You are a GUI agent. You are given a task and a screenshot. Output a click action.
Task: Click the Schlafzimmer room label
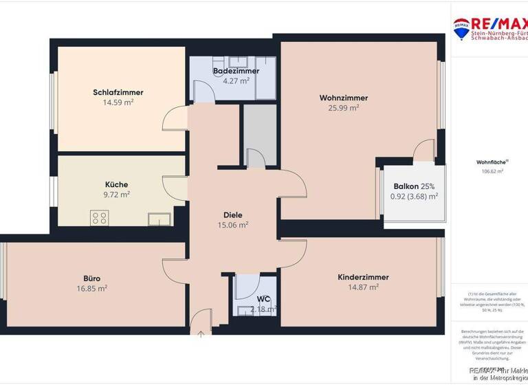click(x=118, y=92)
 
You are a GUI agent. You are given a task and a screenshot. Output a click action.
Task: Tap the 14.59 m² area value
click(x=118, y=103)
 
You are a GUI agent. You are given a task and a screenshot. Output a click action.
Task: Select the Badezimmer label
click(x=236, y=71)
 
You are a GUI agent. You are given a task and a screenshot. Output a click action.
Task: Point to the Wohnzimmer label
click(x=344, y=98)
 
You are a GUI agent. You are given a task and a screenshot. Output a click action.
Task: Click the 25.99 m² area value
click(x=344, y=108)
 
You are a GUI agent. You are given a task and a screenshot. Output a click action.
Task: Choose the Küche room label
click(x=116, y=184)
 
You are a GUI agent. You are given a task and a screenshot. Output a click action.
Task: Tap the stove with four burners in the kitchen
click(x=99, y=219)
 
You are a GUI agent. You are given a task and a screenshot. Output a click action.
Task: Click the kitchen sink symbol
click(x=159, y=219)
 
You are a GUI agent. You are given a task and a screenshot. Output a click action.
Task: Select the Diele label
click(x=233, y=214)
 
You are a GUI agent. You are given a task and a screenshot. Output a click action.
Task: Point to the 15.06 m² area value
click(x=233, y=225)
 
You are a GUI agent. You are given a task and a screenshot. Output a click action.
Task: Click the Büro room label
click(x=92, y=278)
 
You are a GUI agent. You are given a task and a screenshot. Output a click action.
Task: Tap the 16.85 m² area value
click(x=92, y=289)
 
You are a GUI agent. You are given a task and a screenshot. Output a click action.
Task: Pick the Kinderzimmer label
click(x=363, y=277)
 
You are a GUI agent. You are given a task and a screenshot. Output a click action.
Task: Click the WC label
click(x=263, y=299)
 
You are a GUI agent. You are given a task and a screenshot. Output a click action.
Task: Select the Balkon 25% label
click(x=414, y=186)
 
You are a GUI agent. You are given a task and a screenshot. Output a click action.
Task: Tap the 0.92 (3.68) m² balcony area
click(x=414, y=197)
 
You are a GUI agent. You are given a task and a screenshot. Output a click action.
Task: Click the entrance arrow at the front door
click(x=201, y=335)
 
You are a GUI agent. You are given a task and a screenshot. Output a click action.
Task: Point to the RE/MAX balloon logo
click(x=461, y=27)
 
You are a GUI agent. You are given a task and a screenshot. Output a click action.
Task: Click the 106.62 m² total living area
click(x=489, y=171)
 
